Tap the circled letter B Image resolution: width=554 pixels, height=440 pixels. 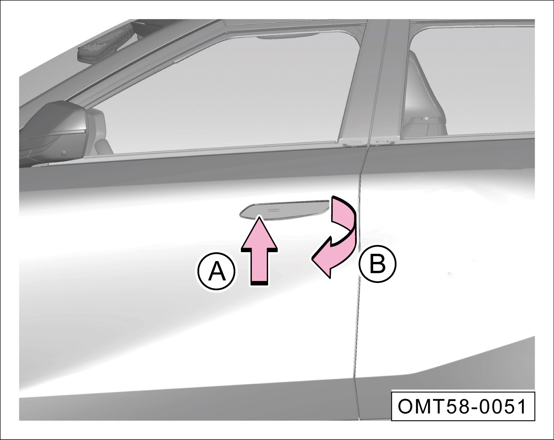378,264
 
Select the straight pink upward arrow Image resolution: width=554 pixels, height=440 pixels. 259,251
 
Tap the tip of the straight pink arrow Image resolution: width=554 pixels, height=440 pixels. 260,217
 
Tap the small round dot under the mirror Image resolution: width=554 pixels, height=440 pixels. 63,154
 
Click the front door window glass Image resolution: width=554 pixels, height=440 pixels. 221,96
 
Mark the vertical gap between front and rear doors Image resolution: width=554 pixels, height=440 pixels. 358,283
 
